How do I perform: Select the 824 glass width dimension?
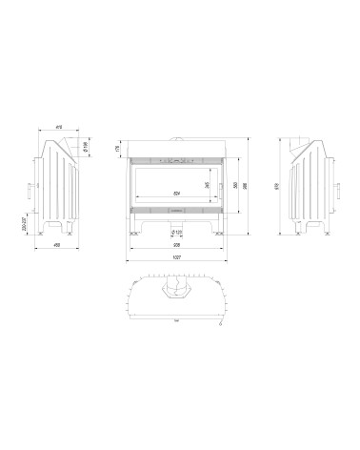pos(175,194)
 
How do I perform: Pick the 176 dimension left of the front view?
pos(118,148)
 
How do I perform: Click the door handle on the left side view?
pos(29,188)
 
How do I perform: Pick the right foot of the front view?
pos(218,225)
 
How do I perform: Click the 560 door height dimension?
pos(235,184)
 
